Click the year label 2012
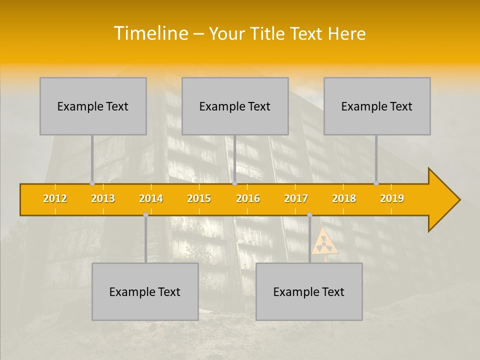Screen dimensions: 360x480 point(55,198)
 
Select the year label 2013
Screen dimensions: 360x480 point(103,198)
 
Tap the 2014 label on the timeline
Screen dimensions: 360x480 point(151,198)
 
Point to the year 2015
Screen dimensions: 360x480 point(199,198)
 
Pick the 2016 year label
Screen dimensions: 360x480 point(248,198)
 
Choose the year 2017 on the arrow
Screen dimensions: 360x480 point(296,198)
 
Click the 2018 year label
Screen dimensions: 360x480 point(344,198)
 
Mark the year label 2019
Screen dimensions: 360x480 point(392,198)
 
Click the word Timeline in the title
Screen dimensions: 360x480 point(150,33)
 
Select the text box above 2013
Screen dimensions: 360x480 point(93,106)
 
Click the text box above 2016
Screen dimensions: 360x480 point(235,106)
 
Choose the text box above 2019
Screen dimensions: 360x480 point(377,106)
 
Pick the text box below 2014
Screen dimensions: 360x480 point(145,291)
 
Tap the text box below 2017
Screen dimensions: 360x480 point(309,291)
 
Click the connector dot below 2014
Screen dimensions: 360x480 point(145,214)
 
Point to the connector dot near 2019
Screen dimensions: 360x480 point(376,183)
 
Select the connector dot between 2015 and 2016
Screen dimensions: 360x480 point(234,183)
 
